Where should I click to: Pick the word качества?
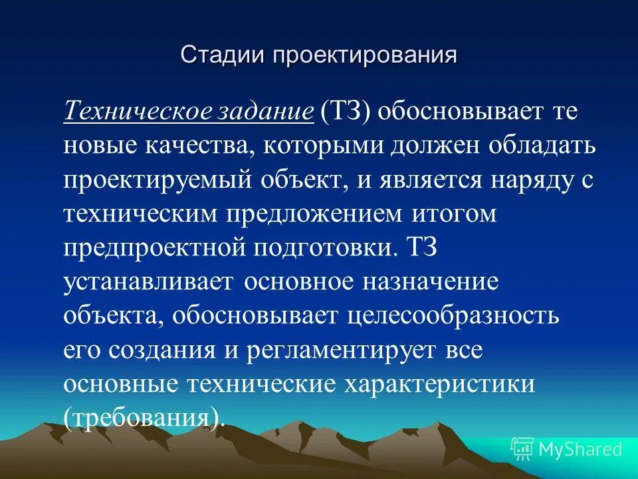tap(197, 144)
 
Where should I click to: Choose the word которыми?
tap(311, 144)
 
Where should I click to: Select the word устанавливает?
tap(148, 281)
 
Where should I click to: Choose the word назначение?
tap(429, 281)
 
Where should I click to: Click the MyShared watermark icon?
tap(522, 449)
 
